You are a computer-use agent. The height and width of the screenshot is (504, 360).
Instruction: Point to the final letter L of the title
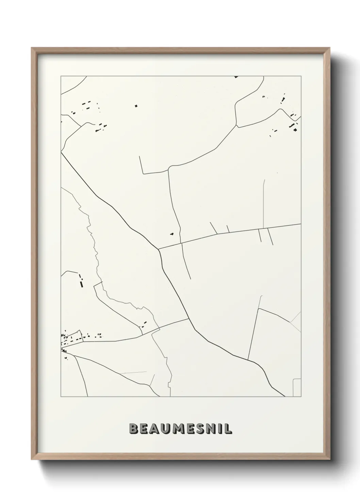[229, 429]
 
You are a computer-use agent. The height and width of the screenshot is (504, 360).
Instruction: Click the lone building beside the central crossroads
[172, 234]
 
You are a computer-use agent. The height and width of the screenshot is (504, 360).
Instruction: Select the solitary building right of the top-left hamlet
[136, 106]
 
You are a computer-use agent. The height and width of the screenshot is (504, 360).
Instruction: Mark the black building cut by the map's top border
[236, 77]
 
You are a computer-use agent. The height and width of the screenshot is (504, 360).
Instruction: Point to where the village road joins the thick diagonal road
[189, 319]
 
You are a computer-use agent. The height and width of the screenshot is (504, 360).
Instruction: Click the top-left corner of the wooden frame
[32, 48]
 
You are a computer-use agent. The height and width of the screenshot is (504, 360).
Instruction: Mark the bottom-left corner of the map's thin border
[61, 397]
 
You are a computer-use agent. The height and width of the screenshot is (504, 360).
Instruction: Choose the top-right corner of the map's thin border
[301, 76]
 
